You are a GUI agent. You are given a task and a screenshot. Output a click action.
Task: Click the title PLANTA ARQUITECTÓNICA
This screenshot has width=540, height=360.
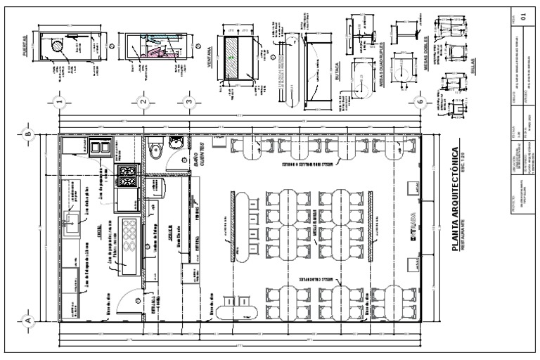454,200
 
